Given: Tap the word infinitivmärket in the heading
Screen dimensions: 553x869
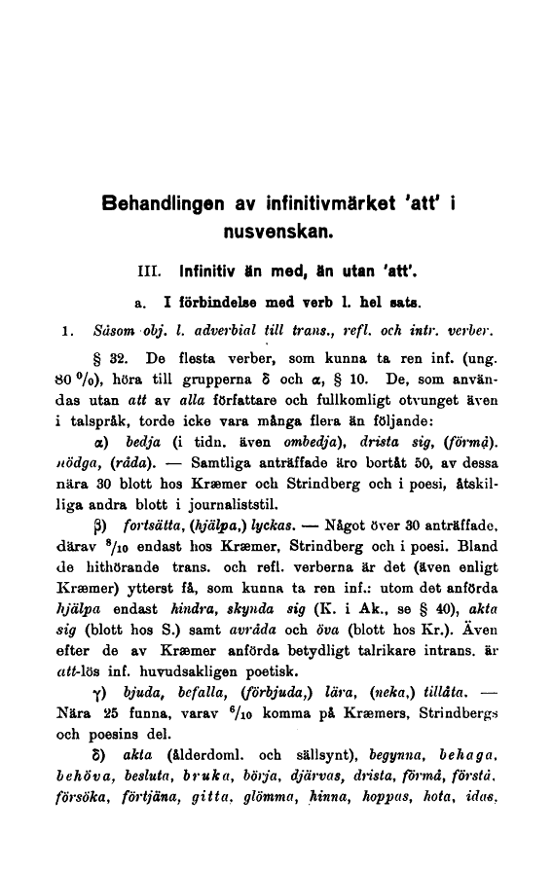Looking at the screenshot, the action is pos(340,205).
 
